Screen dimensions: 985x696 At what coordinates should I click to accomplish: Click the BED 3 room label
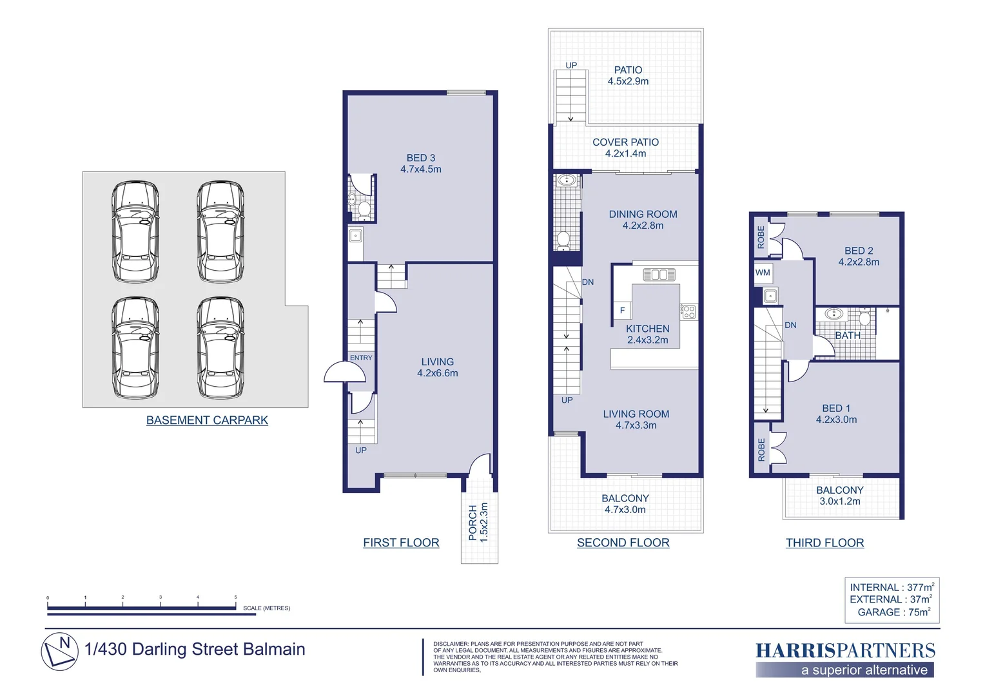[x=421, y=163]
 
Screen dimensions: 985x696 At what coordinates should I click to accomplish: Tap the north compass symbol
[x=60, y=652]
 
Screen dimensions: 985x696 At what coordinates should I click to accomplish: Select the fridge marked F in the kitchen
[x=622, y=311]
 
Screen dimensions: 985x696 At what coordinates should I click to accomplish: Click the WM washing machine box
[x=763, y=273]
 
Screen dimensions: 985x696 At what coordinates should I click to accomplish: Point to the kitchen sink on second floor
[x=659, y=275]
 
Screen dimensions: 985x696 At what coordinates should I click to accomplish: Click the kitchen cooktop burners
[x=688, y=312]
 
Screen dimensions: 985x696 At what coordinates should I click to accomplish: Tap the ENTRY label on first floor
[x=361, y=358]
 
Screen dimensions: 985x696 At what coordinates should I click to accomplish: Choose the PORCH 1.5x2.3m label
[x=478, y=523]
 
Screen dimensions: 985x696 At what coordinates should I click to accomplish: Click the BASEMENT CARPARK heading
[x=207, y=420]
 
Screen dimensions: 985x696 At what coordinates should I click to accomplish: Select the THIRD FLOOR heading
[x=825, y=543]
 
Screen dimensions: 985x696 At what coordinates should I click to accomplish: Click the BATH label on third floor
[x=848, y=336]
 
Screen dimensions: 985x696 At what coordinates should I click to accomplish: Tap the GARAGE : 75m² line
[x=894, y=612]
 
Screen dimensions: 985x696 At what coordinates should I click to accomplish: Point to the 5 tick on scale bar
[x=236, y=603]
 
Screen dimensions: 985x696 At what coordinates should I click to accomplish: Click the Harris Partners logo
[x=845, y=659]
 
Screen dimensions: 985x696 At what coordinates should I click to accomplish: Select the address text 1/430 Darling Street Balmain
[x=195, y=650]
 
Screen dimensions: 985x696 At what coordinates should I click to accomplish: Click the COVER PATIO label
[x=625, y=148]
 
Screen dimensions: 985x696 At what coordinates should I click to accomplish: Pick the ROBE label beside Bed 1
[x=761, y=450]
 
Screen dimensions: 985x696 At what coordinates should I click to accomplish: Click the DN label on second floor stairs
[x=588, y=282]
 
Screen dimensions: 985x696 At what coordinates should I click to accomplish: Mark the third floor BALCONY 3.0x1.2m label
[x=840, y=496]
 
